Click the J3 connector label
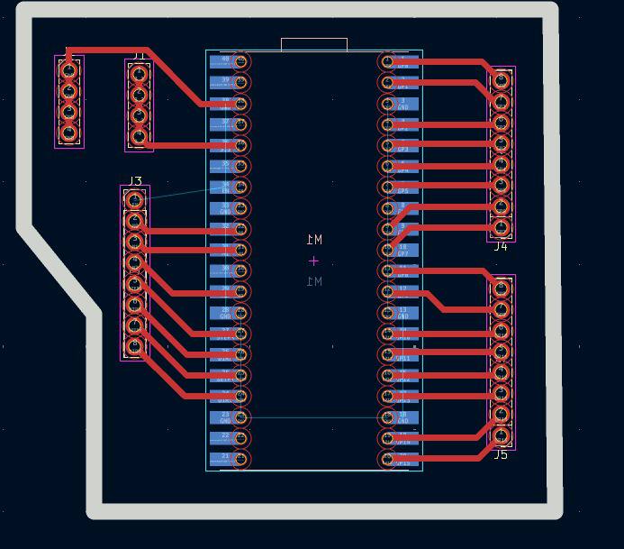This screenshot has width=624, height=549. [x=135, y=181]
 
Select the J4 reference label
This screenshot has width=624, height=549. [x=501, y=246]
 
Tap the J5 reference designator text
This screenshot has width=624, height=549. [x=501, y=454]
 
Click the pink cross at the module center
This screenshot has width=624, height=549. [x=313, y=261]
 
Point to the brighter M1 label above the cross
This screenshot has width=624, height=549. [x=314, y=240]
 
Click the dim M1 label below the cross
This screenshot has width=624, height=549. [x=314, y=281]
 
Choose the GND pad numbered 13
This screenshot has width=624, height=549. [x=403, y=313]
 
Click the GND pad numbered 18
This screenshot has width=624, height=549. [x=403, y=417]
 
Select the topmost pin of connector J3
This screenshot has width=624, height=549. [x=135, y=200]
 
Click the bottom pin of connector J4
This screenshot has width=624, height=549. [x=502, y=227]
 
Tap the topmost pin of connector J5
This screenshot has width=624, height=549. [x=502, y=289]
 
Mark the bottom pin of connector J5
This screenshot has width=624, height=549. [x=502, y=436]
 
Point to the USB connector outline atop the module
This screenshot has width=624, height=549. [x=314, y=43]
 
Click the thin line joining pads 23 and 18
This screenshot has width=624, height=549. [x=313, y=417]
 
